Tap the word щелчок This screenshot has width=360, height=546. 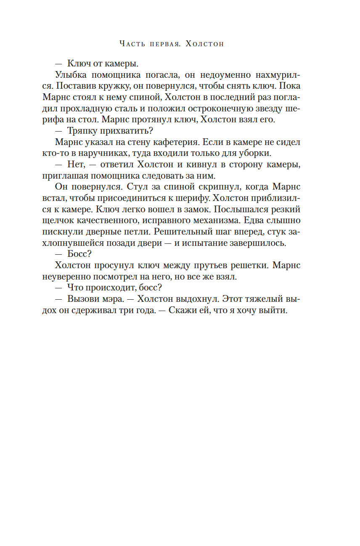coord(58,220)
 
